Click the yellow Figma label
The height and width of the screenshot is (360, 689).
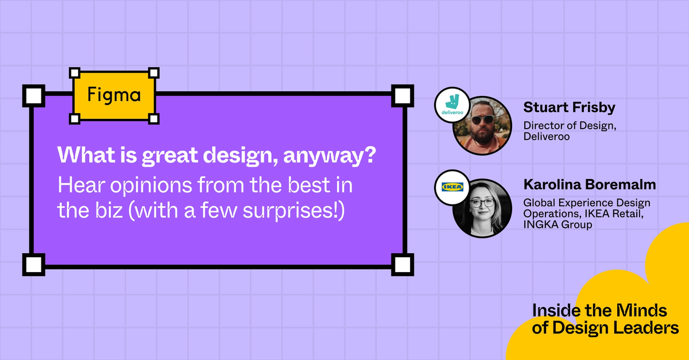pyautogui.click(x=114, y=95)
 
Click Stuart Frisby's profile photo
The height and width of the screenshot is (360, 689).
pyautogui.click(x=483, y=125)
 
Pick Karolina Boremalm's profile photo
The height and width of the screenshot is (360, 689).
pyautogui.click(x=482, y=208)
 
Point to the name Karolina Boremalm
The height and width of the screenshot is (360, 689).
pyautogui.click(x=590, y=185)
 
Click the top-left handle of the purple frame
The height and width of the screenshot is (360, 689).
pyautogui.click(x=33, y=95)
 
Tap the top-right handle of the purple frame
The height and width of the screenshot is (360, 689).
pyautogui.click(x=402, y=95)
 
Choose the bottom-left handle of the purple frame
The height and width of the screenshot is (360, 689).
pyautogui.click(x=33, y=265)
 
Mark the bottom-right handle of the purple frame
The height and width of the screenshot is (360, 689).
pyautogui.click(x=402, y=265)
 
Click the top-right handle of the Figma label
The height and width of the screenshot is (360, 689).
pyautogui.click(x=154, y=73)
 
